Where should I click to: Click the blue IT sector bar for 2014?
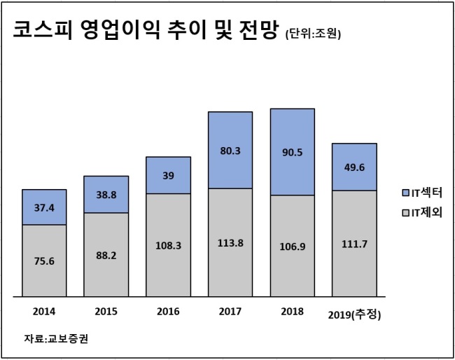(44, 207)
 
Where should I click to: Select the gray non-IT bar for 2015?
(106, 255)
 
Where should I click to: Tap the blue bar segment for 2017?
(230, 150)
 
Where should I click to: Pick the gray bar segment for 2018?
(293, 246)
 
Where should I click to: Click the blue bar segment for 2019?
(355, 167)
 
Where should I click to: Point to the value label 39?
(168, 176)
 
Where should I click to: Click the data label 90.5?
(293, 152)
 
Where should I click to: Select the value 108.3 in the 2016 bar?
(168, 246)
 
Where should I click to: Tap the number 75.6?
(44, 261)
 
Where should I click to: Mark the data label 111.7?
(354, 244)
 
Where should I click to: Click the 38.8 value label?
(106, 195)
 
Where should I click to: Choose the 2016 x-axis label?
(168, 312)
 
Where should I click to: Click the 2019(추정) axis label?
(354, 314)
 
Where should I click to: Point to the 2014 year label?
(44, 312)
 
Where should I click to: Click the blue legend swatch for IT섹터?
(405, 193)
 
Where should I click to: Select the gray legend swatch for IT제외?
(405, 213)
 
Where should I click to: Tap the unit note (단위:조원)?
(313, 34)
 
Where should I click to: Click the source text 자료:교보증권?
(56, 338)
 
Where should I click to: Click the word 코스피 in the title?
(43, 29)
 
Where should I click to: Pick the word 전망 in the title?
(259, 29)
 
